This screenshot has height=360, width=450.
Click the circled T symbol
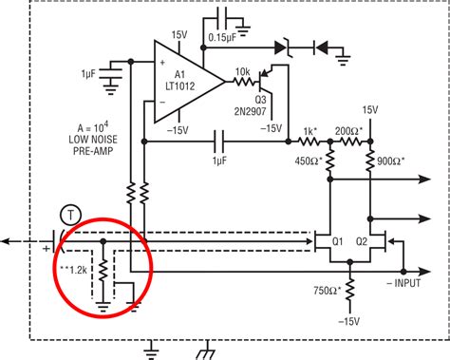67,216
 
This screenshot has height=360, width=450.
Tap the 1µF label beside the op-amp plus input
92,73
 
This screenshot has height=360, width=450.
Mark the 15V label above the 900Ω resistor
370,109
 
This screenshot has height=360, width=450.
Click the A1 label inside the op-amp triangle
179,77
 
